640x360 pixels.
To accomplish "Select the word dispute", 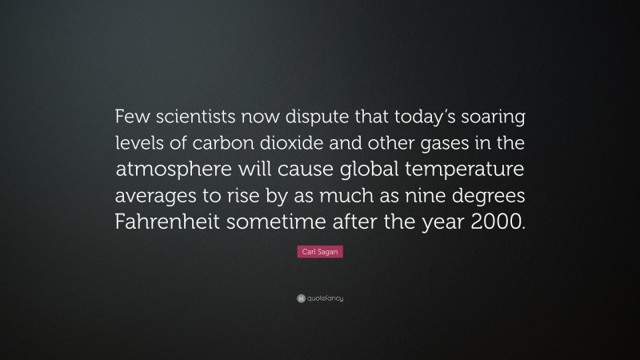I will click(319, 120).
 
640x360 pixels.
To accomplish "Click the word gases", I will click(446, 146).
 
